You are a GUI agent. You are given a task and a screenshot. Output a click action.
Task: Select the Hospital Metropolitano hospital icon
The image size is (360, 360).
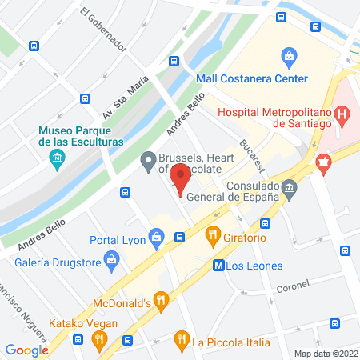(343, 118)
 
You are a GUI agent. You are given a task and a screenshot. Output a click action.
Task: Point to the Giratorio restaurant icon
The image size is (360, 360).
(213, 235)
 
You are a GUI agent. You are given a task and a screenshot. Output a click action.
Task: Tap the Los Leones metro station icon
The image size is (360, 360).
(219, 265)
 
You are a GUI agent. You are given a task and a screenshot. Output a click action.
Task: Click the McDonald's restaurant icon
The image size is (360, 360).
(162, 302)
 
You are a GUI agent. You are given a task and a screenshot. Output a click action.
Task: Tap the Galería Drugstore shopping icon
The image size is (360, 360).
(112, 258)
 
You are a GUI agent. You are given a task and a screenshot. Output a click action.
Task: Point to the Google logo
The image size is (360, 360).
(26, 350)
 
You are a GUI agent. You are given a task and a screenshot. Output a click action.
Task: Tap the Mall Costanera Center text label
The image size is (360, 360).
(252, 79)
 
